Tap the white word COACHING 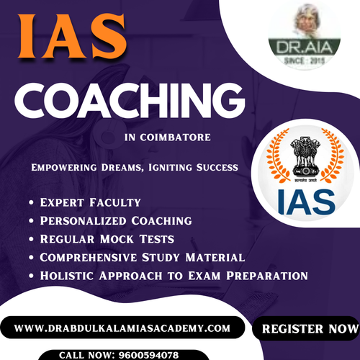coord(127,101)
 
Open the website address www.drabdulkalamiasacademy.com coord(122,328)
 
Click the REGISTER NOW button coord(306,328)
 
